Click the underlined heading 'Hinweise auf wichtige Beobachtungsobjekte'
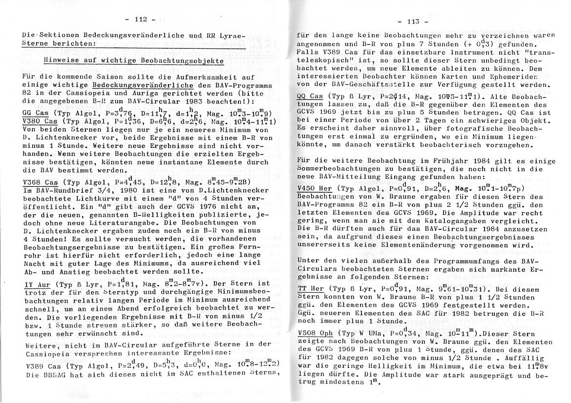pyautogui.click(x=133, y=61)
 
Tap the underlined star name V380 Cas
pyautogui.click(x=40, y=121)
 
